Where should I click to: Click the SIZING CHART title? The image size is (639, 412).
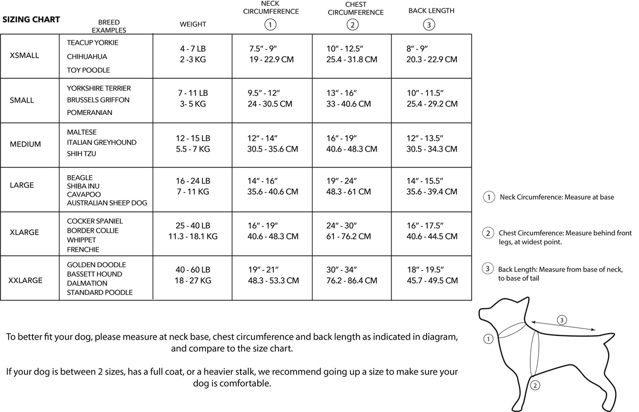[31, 20]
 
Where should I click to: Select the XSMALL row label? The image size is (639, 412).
[24, 55]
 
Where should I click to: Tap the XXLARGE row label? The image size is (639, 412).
[26, 280]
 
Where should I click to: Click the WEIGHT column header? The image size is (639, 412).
[193, 24]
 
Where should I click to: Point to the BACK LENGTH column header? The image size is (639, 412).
[431, 11]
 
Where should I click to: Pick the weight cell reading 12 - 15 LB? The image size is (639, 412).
[193, 138]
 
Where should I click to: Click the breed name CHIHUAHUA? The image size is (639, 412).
[87, 56]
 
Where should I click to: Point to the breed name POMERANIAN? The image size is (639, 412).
[89, 112]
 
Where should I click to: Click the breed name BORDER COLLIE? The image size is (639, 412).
[93, 230]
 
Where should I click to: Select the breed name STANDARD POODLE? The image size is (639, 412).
[100, 292]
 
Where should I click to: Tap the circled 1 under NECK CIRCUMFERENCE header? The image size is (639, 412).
[271, 24]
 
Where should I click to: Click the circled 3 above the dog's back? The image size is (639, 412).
[562, 320]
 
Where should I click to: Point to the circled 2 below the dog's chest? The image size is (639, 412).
[536, 385]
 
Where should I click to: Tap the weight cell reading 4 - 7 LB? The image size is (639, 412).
[193, 48]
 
